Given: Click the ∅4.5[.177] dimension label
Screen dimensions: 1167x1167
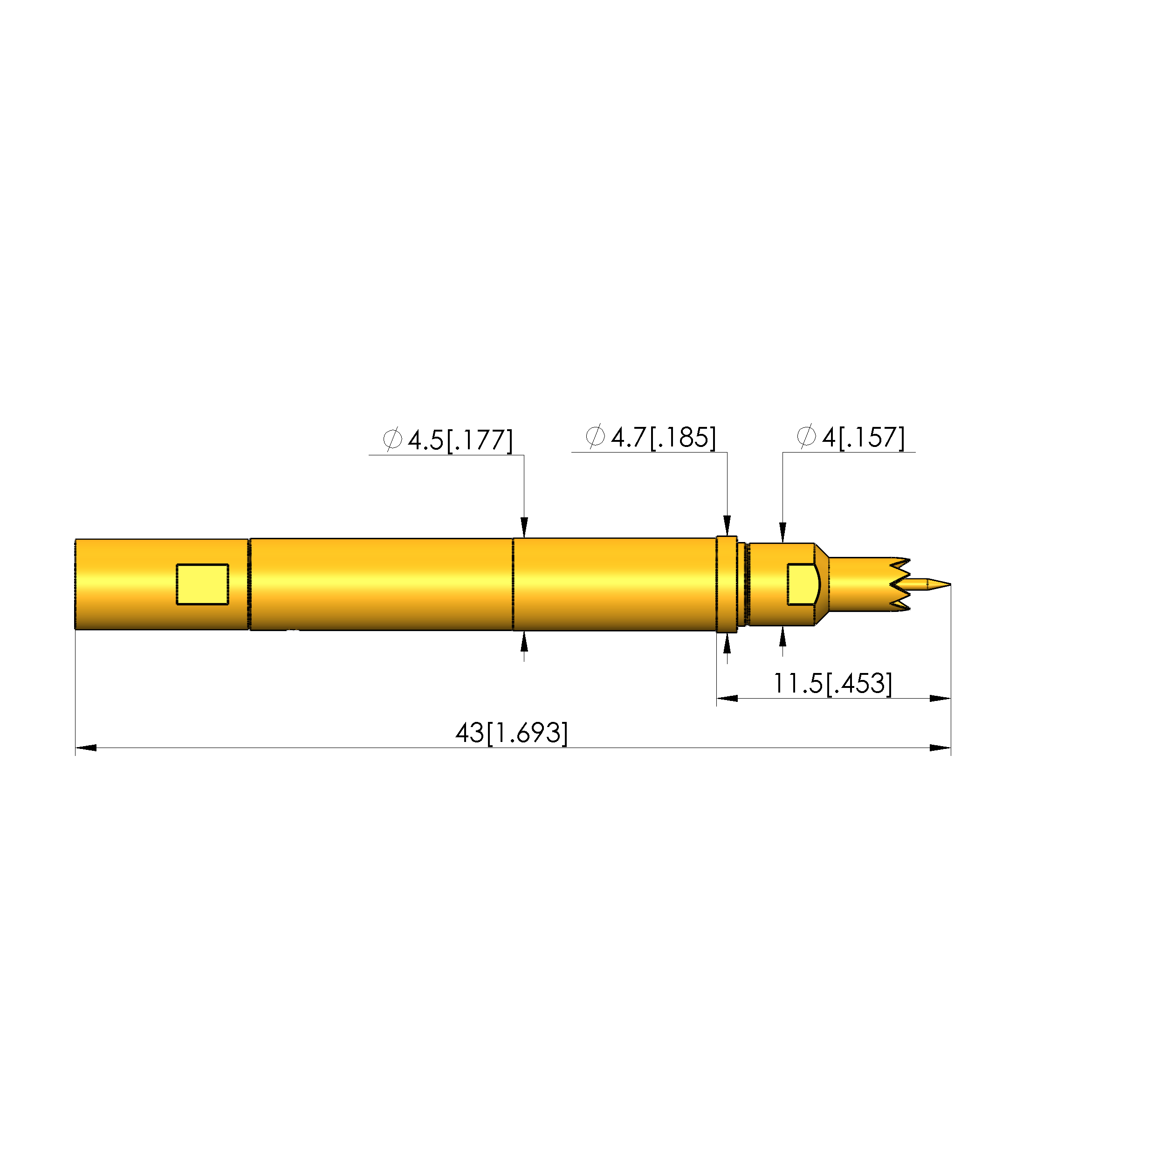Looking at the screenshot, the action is (x=447, y=440).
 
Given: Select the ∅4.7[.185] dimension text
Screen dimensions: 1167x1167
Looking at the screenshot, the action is (x=651, y=437).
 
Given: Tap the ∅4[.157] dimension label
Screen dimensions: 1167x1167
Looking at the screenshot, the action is (x=851, y=437).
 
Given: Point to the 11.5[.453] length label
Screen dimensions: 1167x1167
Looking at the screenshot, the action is (x=832, y=683).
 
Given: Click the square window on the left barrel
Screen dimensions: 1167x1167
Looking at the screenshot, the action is (x=202, y=584).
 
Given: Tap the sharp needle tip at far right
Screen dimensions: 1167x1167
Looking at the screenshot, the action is (x=950, y=584).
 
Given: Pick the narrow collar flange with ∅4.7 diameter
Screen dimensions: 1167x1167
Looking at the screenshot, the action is (x=727, y=584).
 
